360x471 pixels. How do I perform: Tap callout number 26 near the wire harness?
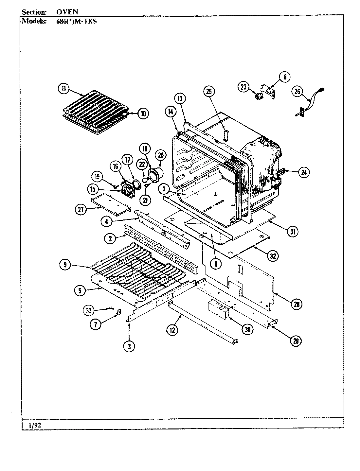(x=297, y=92)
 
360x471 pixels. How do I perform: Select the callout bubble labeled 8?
(x=285, y=77)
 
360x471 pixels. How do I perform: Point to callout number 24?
(x=303, y=172)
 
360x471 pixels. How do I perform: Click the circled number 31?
(x=292, y=232)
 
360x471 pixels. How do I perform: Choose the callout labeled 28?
(x=296, y=305)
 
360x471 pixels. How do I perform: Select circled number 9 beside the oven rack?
(x=65, y=265)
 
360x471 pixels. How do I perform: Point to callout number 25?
(x=209, y=92)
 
